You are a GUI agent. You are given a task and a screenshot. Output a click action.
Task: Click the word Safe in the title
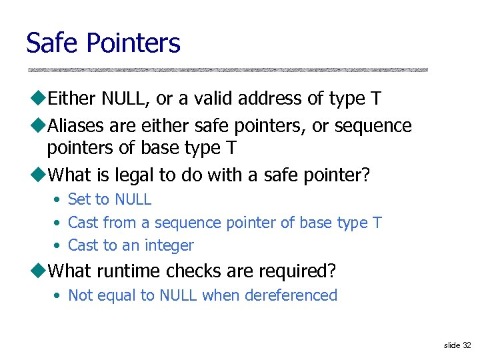tap(53, 43)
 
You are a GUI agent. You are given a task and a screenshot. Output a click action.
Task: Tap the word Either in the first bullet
tap(73, 99)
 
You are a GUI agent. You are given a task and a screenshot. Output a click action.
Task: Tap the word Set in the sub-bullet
tap(78, 199)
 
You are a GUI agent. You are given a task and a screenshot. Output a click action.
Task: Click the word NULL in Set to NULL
tap(133, 199)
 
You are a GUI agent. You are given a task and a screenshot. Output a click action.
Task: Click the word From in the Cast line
tap(117, 223)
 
